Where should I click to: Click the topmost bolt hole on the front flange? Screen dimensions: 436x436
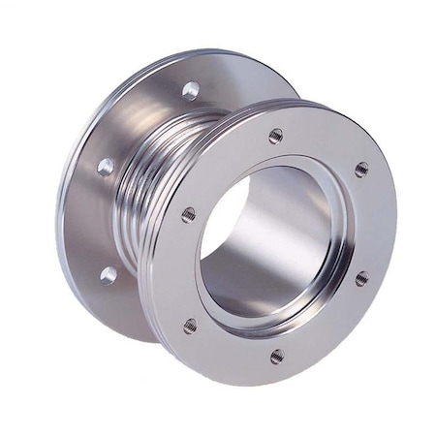coord(276,136)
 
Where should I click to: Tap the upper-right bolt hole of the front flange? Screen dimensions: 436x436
coord(361,169)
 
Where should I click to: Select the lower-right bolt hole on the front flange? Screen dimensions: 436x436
coord(361,279)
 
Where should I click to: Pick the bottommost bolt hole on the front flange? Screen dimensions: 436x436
coord(277,357)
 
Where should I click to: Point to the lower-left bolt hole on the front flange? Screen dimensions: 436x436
coord(190,325)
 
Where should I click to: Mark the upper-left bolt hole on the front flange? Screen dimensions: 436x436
coord(188,214)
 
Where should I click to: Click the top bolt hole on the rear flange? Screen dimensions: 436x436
coord(191,90)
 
